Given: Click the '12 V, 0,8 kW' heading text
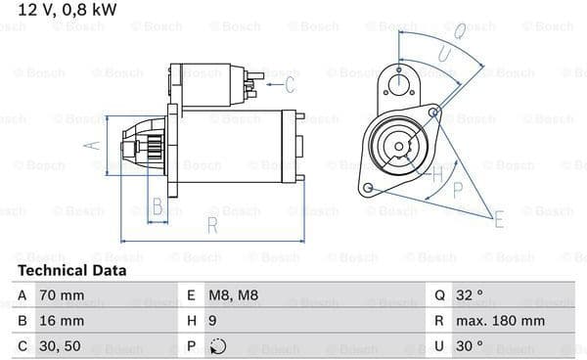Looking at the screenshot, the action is click(x=67, y=10).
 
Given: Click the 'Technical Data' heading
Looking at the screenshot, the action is click(x=71, y=270).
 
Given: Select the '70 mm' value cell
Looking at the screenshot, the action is click(x=62, y=295).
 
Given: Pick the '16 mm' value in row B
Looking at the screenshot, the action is click(x=62, y=321).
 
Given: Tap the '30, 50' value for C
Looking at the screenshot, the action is click(x=60, y=346).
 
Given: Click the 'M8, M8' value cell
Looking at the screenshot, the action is click(x=233, y=295).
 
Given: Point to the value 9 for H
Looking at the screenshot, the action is click(x=212, y=321).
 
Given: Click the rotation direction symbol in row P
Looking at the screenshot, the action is click(x=217, y=346).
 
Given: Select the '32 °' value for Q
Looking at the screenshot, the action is click(x=470, y=295).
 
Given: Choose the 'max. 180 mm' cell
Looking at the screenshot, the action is click(x=500, y=321).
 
